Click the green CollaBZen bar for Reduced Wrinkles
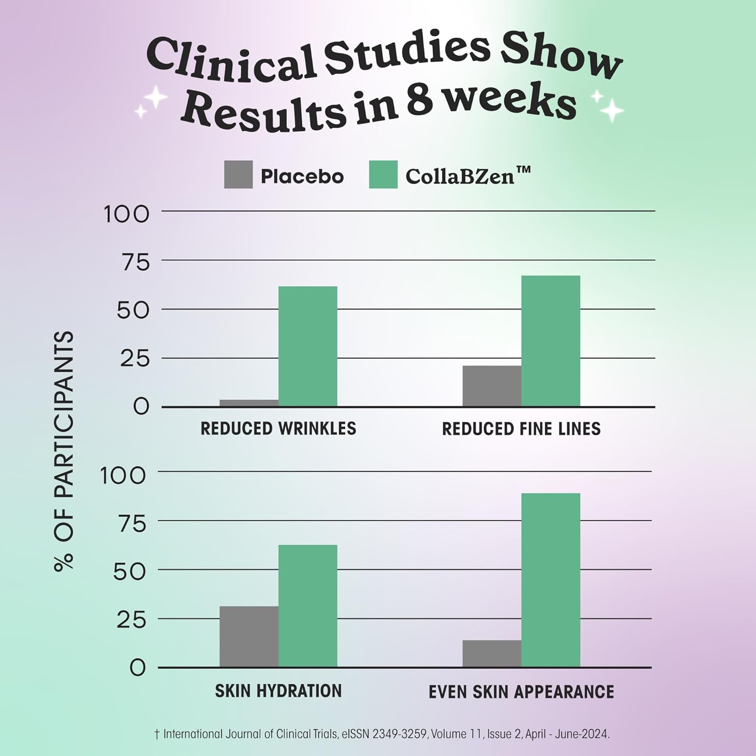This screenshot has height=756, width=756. [307, 346]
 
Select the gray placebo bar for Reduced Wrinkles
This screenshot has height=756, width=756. [249, 403]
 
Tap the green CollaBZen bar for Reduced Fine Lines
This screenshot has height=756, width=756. [550, 341]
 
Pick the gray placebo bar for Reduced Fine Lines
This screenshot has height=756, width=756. [492, 386]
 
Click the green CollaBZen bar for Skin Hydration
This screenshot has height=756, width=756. [307, 606]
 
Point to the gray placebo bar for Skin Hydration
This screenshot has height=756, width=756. [249, 637]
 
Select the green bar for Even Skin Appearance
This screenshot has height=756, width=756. [550, 580]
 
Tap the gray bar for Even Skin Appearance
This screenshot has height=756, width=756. [492, 654]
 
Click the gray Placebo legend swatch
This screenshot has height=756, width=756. [238, 175]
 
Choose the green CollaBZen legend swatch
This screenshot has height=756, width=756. [383, 175]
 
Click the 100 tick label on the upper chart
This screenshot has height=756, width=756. [127, 214]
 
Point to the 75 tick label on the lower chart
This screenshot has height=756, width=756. [132, 524]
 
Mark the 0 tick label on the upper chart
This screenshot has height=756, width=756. [141, 406]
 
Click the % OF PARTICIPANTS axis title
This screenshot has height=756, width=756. [64, 451]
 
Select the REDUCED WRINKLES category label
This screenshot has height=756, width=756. [278, 428]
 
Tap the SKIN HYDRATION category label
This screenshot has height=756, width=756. [278, 690]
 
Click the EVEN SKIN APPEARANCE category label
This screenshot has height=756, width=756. [521, 691]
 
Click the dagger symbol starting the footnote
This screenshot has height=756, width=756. [157, 734]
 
